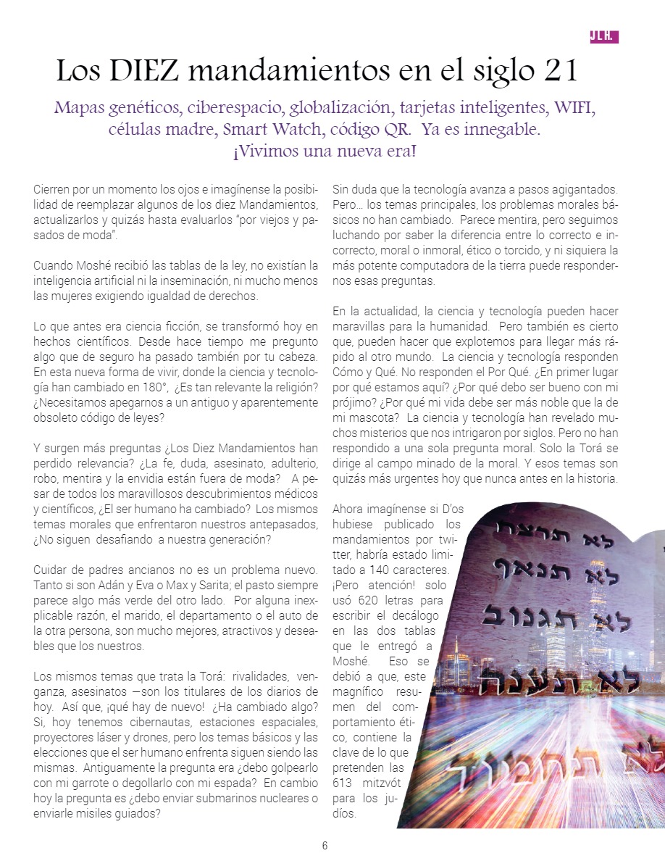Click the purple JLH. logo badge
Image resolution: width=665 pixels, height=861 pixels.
point(604,37)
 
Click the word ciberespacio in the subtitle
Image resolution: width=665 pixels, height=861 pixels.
point(234,109)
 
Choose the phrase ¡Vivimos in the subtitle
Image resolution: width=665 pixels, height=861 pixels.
point(265,154)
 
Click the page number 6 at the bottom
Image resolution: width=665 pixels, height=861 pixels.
point(325,845)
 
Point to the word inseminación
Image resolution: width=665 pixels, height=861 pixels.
point(214,280)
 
